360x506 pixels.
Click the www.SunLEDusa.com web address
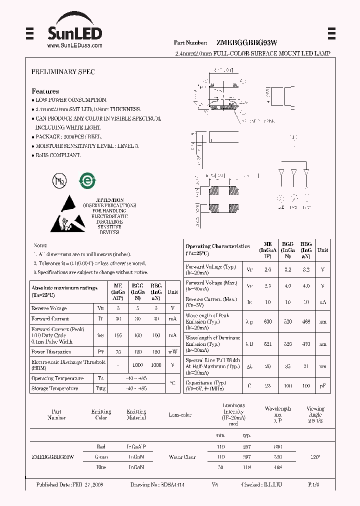click(x=74, y=45)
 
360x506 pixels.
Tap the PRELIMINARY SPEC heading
click(x=63, y=72)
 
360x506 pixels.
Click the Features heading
click(x=45, y=91)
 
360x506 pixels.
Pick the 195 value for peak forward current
click(x=118, y=335)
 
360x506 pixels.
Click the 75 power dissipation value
click(x=118, y=352)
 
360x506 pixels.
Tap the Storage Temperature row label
click(x=54, y=388)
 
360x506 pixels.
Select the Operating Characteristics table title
click(x=217, y=246)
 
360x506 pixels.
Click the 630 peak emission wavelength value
click(x=267, y=321)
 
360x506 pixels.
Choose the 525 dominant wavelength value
click(x=287, y=344)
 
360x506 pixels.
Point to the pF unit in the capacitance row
click(x=322, y=385)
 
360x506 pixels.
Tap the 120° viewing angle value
click(x=315, y=456)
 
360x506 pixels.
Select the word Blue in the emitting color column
click(x=101, y=467)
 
